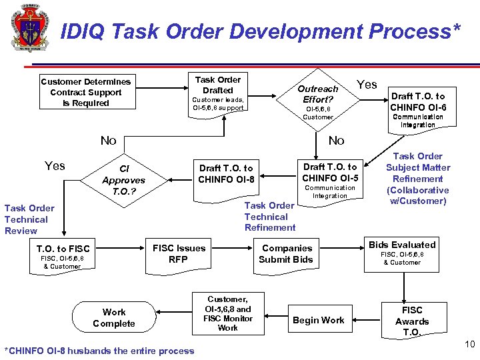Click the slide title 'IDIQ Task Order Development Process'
(260, 31)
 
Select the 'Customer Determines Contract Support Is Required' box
(86, 92)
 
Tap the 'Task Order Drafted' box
(218, 93)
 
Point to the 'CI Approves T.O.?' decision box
(123, 180)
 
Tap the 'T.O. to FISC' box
(63, 256)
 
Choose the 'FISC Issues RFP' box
(179, 254)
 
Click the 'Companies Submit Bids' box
(286, 253)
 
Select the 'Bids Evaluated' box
(402, 253)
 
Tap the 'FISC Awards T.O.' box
(412, 321)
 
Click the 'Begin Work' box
(319, 320)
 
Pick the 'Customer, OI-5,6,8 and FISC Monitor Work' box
(227, 314)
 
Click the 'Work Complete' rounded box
(114, 318)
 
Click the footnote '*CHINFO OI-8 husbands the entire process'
(99, 351)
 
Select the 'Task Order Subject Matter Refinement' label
(418, 179)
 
